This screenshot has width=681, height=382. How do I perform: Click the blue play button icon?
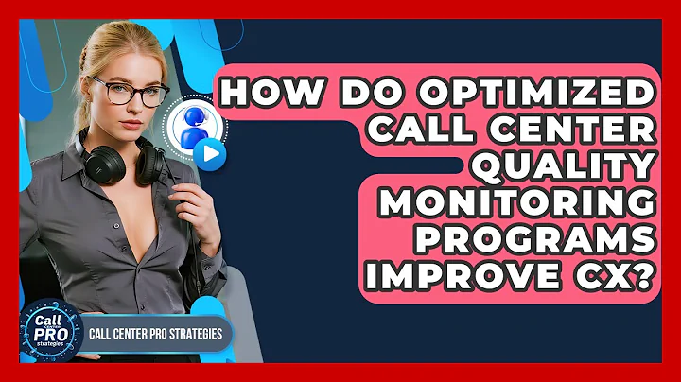click(x=214, y=155)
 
